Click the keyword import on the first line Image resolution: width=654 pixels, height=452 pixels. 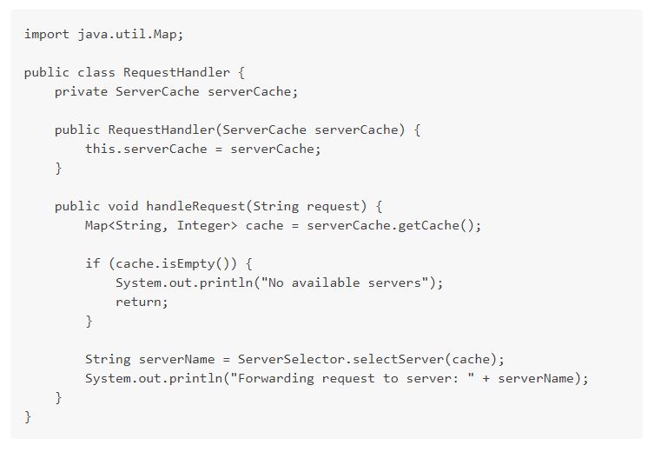pos(47,34)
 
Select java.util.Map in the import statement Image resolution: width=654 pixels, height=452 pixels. pos(127,34)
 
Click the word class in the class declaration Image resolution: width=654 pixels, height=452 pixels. pos(96,72)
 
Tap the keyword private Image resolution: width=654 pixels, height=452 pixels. pos(81,91)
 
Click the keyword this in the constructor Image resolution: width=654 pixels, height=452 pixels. pos(100,149)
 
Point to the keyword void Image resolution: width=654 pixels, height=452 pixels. pos(123,206)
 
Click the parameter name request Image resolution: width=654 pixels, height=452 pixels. pos(334,206)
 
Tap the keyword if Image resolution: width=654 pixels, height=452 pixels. pos(93,263)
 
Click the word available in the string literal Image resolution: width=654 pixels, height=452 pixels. pos(326,282)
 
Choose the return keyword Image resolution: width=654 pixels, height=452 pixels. pos(138,302)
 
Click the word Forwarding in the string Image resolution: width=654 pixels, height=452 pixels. pos(276,378)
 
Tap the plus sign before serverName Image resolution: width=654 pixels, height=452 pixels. pos(486,378)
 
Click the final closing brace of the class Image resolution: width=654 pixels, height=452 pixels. pos(28,416)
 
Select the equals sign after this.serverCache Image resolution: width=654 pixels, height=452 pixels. pos(219,149)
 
